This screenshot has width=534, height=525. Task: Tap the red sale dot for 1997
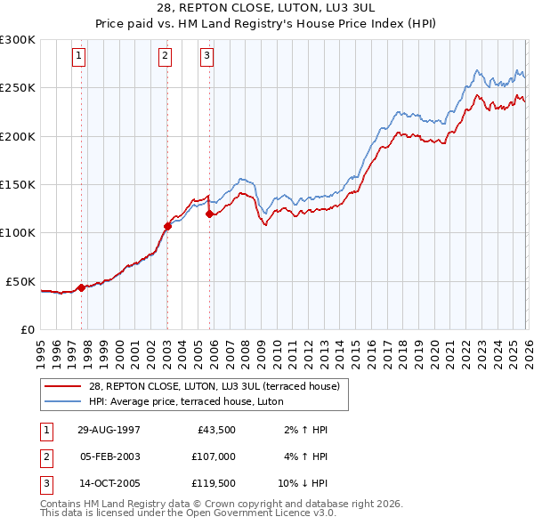82,287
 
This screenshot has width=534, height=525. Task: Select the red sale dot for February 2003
167,226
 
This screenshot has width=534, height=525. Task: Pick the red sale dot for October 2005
209,214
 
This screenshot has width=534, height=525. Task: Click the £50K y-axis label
20,281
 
